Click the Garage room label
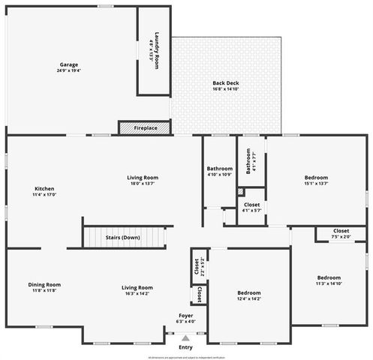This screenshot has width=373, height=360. point(69,64)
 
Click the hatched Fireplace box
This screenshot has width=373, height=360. point(126,128)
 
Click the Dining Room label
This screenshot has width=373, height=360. point(44,284)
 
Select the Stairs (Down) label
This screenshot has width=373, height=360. point(122,237)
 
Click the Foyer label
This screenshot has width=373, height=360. point(185,315)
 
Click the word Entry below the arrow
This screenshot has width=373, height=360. point(185,347)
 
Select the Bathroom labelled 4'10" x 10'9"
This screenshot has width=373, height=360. point(220,169)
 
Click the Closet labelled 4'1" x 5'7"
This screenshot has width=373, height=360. point(252,204)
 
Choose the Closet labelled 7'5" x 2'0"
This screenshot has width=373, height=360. point(341,230)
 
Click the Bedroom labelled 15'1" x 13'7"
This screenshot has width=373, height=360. point(316,178)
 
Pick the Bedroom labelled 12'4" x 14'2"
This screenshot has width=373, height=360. point(248,292)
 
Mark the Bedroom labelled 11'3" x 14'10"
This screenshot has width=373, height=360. point(329,277)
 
